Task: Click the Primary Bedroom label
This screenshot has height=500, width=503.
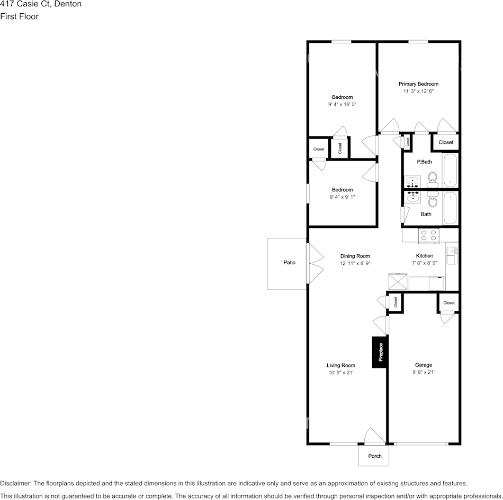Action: click(x=418, y=84)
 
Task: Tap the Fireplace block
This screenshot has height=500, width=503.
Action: click(x=380, y=352)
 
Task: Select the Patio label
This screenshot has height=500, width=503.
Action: click(x=289, y=262)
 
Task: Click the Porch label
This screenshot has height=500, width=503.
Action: click(x=375, y=456)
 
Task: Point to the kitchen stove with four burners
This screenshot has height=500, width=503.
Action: click(x=428, y=236)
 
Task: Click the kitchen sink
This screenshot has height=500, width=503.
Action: click(x=452, y=256)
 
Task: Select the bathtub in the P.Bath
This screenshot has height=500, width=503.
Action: click(x=450, y=170)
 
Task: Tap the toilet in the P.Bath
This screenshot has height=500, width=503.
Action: click(x=433, y=179)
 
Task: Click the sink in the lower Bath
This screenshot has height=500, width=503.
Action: click(x=412, y=197)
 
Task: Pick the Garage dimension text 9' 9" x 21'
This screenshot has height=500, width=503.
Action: click(x=424, y=372)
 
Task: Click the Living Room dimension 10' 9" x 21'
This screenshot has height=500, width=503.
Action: click(x=340, y=373)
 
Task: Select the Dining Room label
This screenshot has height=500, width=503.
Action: click(x=355, y=256)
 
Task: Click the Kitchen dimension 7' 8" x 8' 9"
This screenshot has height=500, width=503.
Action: click(x=425, y=263)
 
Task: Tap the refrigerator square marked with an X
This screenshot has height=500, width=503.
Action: click(x=398, y=282)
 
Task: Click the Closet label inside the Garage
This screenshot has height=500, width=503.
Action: click(x=449, y=303)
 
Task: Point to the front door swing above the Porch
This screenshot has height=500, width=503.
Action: click(x=375, y=436)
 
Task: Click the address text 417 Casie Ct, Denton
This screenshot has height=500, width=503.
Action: click(x=41, y=4)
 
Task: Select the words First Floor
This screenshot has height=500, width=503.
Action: click(x=19, y=16)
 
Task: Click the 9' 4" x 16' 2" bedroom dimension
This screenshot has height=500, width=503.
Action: click(x=342, y=105)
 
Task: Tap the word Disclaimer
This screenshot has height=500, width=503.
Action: click(x=15, y=483)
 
